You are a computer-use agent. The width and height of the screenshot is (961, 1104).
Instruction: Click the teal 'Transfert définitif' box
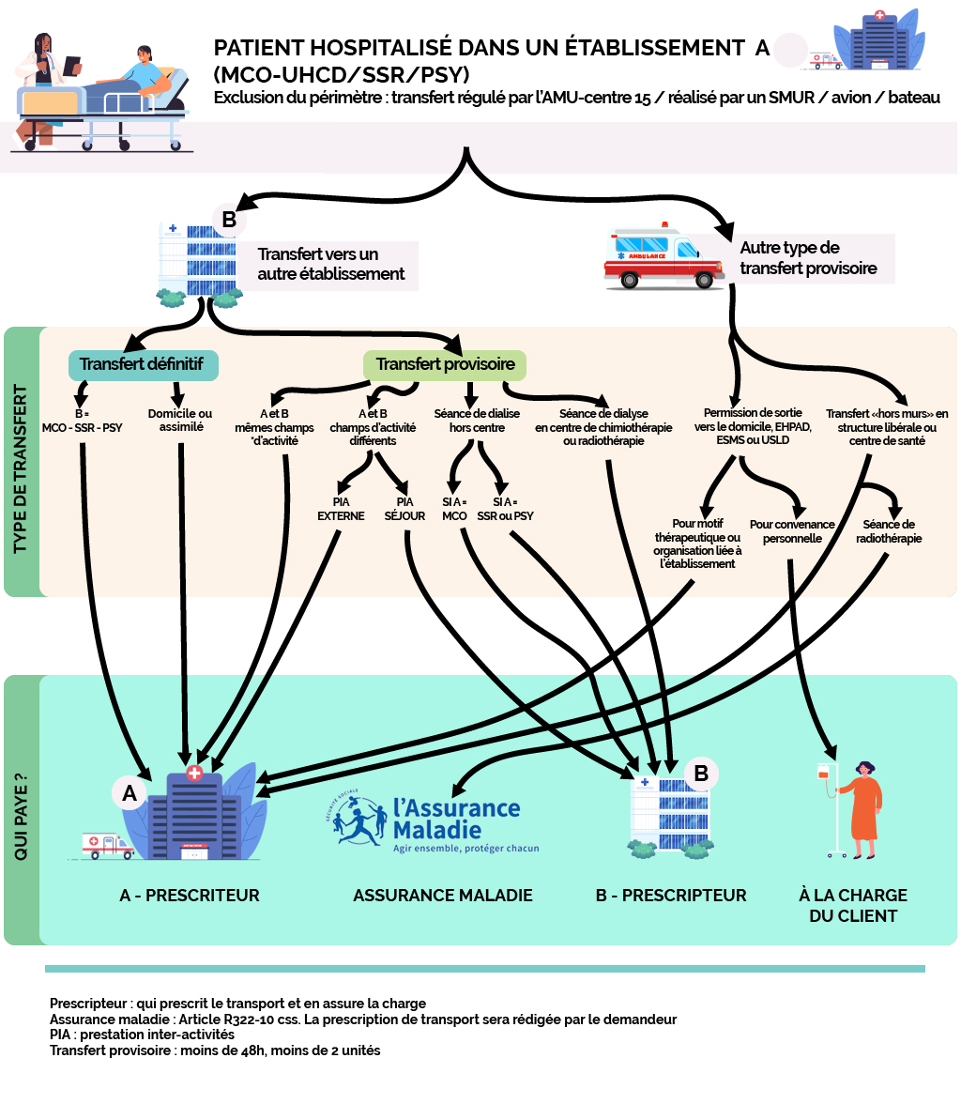144,364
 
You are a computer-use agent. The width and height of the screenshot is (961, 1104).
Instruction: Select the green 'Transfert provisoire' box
445,364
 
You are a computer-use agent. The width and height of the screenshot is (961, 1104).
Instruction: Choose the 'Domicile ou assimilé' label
180,421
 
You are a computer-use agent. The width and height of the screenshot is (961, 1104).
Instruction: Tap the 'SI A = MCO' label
454,509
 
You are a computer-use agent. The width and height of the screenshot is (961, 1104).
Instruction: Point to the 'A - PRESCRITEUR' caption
190,896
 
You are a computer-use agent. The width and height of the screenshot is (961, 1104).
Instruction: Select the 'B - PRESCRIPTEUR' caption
671,896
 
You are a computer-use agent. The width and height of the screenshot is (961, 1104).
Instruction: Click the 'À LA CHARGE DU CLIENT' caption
853,905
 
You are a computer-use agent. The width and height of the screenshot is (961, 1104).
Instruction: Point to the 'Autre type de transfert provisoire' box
808,259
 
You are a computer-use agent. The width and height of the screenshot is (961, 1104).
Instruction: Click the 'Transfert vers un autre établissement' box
331,265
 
